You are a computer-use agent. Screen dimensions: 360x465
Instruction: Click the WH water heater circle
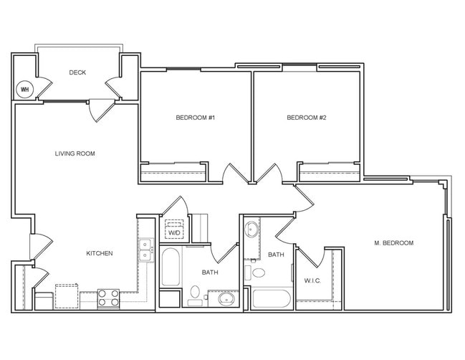click(x=24, y=89)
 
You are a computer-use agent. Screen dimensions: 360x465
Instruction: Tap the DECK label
click(x=78, y=72)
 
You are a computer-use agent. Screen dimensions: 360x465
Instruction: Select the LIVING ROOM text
click(x=75, y=153)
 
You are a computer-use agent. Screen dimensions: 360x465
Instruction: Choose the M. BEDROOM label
click(x=393, y=243)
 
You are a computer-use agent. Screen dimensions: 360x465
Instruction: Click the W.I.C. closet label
click(x=312, y=280)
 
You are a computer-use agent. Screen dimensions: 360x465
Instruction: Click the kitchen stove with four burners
click(x=108, y=298)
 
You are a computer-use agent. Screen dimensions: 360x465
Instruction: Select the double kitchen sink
click(x=145, y=250)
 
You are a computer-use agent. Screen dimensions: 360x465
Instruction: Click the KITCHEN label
click(x=100, y=253)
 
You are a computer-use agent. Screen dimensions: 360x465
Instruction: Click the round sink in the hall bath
click(x=225, y=298)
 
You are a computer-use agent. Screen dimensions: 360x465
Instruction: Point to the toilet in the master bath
click(x=258, y=273)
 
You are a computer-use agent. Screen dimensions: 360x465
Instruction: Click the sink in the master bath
click(x=252, y=231)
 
